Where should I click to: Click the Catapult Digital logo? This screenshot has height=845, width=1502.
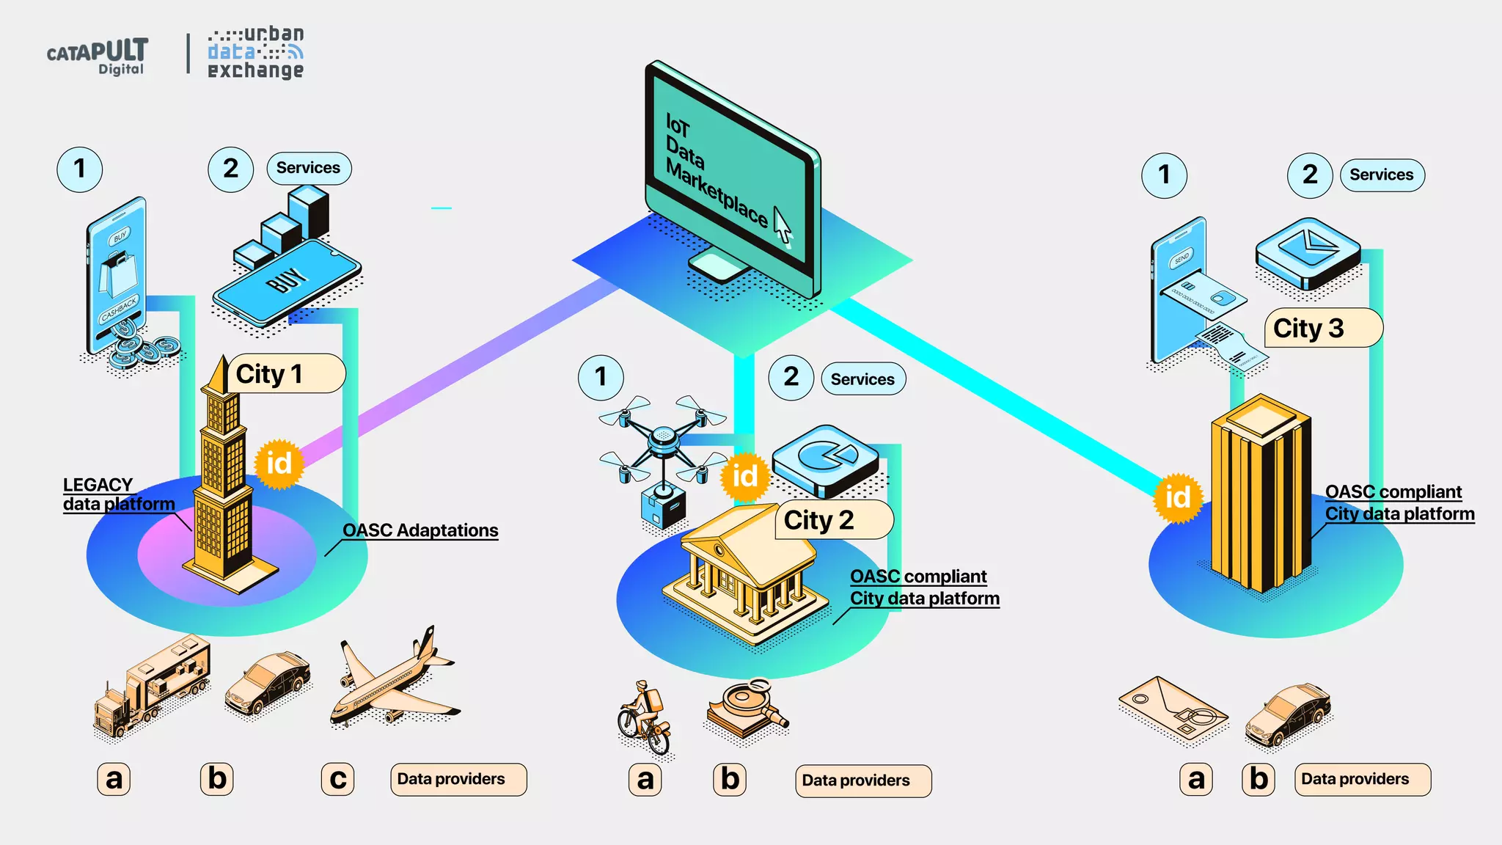pos(98,56)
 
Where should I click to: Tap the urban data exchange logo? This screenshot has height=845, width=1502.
pos(255,53)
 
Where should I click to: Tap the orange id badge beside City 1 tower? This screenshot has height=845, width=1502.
pos(279,464)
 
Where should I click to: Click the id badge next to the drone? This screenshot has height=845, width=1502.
pos(744,476)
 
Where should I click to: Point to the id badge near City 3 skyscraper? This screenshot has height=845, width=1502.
pos(1178,497)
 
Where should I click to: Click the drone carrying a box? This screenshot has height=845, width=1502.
pos(662,455)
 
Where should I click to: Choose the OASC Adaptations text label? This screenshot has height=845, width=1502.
pos(420,530)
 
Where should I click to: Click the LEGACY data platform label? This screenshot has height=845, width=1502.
pos(118,494)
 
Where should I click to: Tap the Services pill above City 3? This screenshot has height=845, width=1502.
pos(1382,175)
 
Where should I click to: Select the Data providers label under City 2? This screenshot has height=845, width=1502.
pos(862,780)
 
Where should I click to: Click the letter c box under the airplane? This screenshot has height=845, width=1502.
pos(337,779)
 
